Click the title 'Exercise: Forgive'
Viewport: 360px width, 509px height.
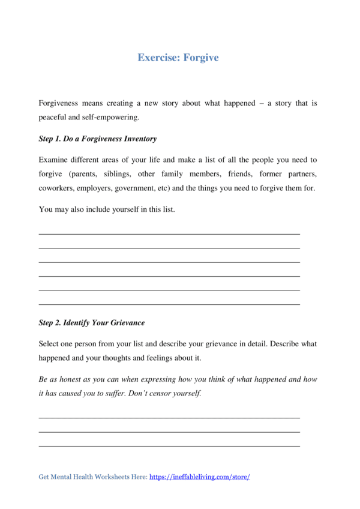pyautogui.click(x=178, y=58)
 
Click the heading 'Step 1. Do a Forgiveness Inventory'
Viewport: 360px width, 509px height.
pyautogui.click(x=97, y=139)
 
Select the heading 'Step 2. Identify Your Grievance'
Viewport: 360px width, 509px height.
pyautogui.click(x=91, y=322)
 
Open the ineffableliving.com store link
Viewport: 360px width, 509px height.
pyautogui.click(x=199, y=477)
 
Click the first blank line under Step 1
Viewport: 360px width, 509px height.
pyautogui.click(x=169, y=233)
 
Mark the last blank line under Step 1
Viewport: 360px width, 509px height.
pyautogui.click(x=169, y=305)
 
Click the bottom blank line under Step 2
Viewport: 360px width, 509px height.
pyautogui.click(x=169, y=446)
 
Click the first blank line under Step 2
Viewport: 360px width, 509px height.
pyautogui.click(x=169, y=417)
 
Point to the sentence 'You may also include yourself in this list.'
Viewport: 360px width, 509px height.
pyautogui.click(x=106, y=209)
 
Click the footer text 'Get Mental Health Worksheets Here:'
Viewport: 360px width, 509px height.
pyautogui.click(x=92, y=477)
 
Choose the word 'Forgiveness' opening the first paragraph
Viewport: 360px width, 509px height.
pyautogui.click(x=60, y=103)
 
